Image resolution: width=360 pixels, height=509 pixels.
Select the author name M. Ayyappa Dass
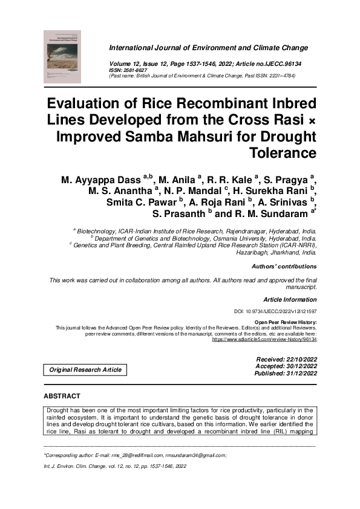[101, 181]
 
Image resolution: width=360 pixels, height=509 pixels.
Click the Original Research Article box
[85, 369]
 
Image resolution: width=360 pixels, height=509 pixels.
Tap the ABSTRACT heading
[62, 396]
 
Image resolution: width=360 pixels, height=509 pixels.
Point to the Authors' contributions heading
[284, 267]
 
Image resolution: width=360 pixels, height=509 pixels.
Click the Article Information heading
[290, 300]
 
